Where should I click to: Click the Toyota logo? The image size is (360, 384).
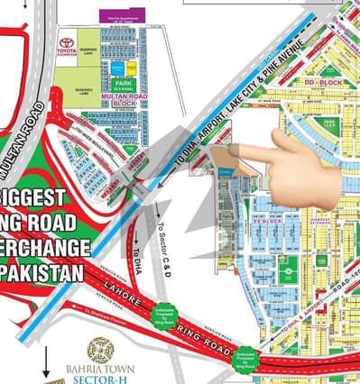[x=66, y=42]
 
